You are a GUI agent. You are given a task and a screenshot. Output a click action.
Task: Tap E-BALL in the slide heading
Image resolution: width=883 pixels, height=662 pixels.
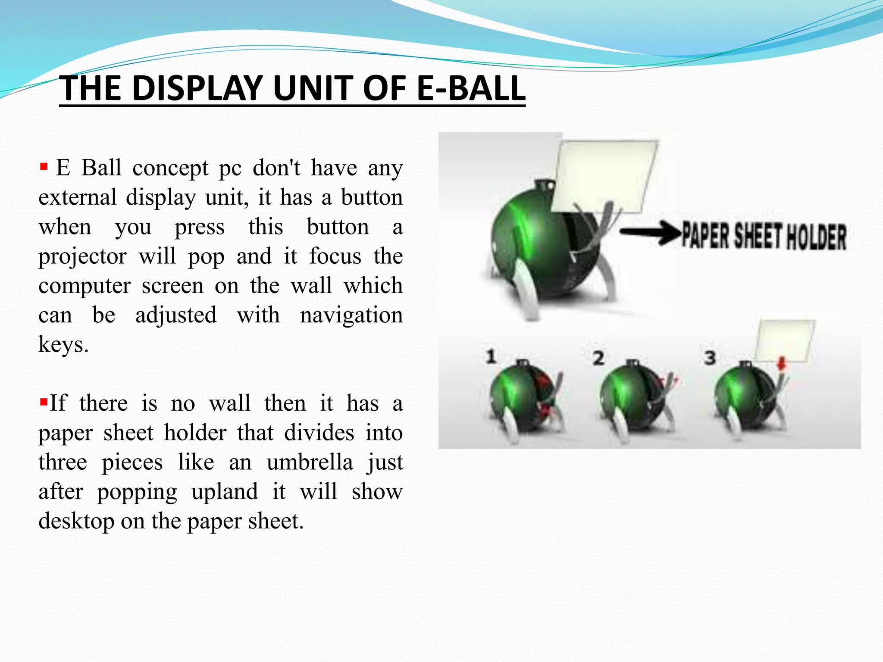click(471, 89)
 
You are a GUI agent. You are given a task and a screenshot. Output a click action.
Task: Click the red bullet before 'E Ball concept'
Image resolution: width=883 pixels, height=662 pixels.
click(43, 166)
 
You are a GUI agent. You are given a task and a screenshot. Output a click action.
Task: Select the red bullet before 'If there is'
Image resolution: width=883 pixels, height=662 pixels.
click(43, 403)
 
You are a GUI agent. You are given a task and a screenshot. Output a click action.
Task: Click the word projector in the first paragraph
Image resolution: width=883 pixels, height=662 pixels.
click(82, 257)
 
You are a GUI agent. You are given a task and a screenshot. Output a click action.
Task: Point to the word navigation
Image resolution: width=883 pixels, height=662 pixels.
click(351, 315)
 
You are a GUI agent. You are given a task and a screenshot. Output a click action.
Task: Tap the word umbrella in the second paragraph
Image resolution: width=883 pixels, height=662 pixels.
click(310, 462)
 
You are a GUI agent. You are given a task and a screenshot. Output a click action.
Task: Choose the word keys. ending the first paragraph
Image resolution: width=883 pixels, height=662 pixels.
click(63, 345)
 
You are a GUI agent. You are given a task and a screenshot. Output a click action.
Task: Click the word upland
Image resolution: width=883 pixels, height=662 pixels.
click(225, 492)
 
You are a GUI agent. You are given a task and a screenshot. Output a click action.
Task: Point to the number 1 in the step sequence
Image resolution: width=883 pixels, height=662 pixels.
click(491, 357)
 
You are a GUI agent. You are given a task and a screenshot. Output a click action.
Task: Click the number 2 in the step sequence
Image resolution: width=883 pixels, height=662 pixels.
click(598, 358)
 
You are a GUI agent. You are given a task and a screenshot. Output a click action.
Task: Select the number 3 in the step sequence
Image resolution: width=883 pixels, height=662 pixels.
click(710, 358)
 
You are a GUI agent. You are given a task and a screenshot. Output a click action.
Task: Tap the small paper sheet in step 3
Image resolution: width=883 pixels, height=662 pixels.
click(785, 340)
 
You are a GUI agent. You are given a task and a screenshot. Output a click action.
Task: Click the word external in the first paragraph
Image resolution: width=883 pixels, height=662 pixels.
click(78, 198)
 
